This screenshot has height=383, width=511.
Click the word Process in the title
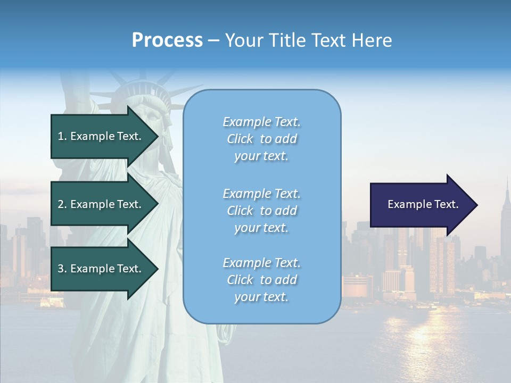(167, 40)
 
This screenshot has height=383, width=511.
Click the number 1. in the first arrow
(62, 136)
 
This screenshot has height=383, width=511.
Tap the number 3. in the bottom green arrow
(62, 269)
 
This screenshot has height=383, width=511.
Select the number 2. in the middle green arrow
(62, 204)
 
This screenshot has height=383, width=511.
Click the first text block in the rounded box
(261, 139)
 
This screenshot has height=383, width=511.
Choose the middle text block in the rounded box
(261, 210)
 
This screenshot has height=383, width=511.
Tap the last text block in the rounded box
(261, 280)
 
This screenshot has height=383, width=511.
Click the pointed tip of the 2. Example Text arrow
(157, 204)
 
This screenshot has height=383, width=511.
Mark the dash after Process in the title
(213, 40)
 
